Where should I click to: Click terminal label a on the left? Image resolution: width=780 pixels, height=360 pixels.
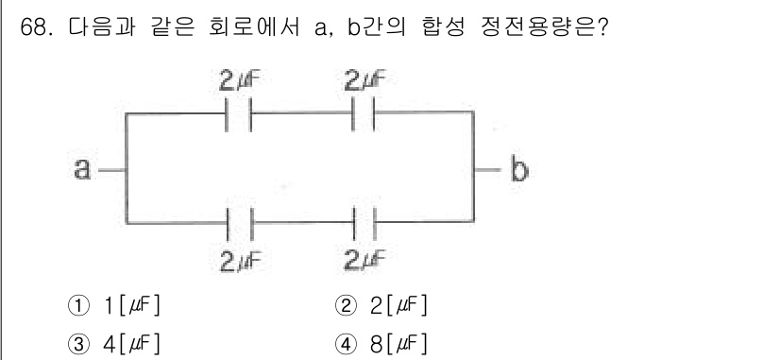pos(82,170)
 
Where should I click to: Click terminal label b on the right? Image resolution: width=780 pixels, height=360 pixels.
pos(518,170)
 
